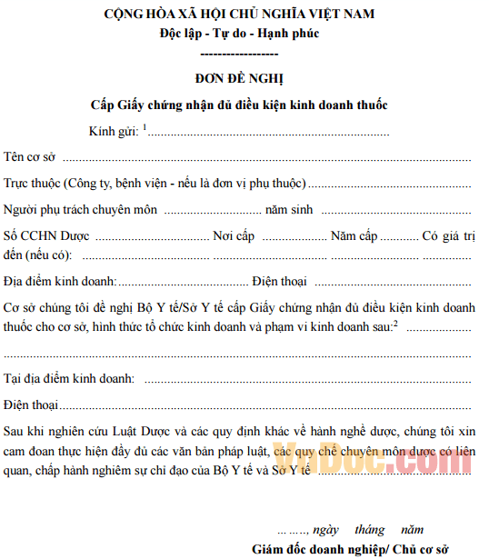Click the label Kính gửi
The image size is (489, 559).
pos(114,132)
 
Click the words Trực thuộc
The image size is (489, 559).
pos(32,184)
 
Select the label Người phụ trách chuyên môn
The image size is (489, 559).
pos(81,210)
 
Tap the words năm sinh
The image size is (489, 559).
pos(289,210)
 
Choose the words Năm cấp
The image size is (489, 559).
pos(354,236)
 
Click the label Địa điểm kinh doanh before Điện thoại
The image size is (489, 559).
pos(58,280)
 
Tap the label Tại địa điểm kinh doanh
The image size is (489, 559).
pos(69,377)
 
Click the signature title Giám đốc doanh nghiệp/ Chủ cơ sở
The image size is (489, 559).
pos(351,549)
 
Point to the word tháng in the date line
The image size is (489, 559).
pos(370,529)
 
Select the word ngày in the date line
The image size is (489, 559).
pos(324,529)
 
